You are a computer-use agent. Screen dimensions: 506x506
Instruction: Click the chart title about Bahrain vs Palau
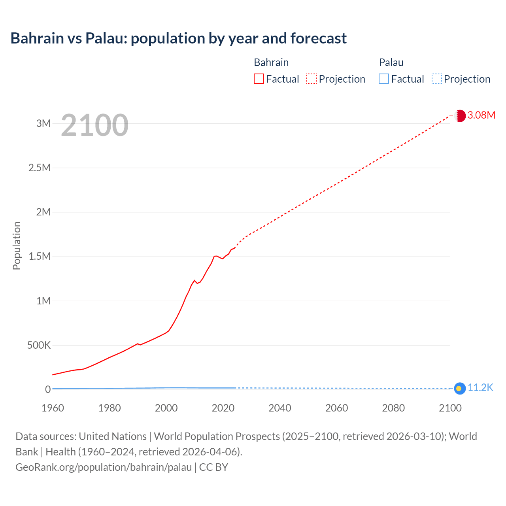point(178,38)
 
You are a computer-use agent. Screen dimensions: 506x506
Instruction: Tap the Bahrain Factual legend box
point(259,79)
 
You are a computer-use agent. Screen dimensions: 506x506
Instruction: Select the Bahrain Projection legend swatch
point(312,79)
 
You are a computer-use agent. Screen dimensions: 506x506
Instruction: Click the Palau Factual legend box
point(384,79)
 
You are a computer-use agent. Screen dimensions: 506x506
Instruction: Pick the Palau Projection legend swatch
point(437,79)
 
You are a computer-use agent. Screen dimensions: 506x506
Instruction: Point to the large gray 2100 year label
point(95,125)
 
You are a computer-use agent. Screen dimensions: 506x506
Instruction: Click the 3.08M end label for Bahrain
point(481,115)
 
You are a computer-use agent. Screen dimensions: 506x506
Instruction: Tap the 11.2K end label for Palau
point(480,387)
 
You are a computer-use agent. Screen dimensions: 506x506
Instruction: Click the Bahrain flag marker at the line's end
point(460,115)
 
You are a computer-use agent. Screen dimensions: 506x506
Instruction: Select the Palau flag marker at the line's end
point(459,389)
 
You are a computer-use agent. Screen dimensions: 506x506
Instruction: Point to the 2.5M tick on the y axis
point(40,168)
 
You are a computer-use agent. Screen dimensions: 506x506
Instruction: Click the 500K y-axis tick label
point(39,345)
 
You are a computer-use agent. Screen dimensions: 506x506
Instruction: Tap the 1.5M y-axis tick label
point(40,256)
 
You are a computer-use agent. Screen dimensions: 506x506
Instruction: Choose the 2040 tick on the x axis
point(280,408)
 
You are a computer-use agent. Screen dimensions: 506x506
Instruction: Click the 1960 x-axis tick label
point(53,408)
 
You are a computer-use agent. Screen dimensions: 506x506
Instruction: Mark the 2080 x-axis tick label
point(393,408)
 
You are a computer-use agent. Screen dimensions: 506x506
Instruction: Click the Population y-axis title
point(17,245)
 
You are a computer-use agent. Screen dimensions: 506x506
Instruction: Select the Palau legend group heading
point(391,62)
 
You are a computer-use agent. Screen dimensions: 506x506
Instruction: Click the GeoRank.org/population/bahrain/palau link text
point(104,467)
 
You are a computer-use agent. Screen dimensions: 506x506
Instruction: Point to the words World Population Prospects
point(217,436)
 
